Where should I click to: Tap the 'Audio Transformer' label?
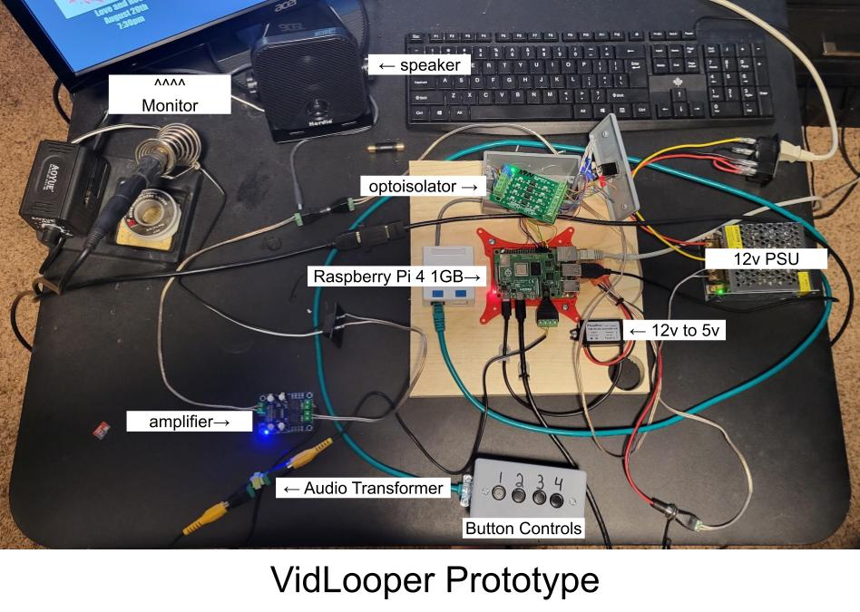click(x=363, y=489)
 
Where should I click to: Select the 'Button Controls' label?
click(x=523, y=528)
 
